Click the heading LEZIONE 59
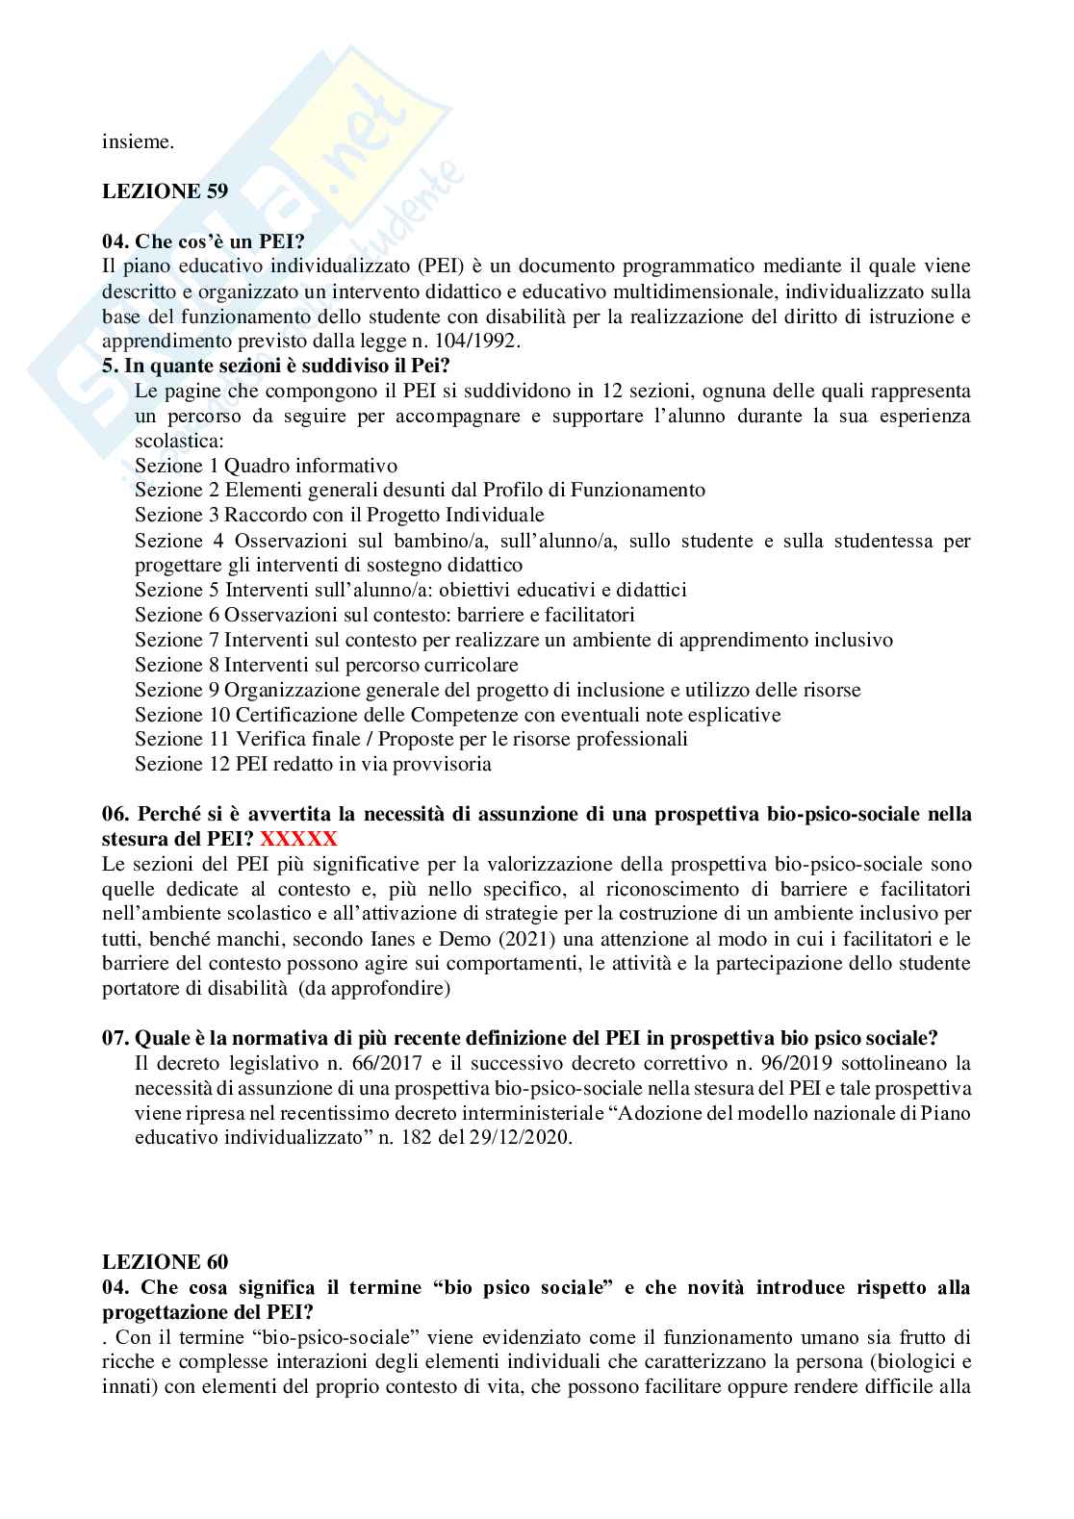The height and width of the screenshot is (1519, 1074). [x=165, y=190]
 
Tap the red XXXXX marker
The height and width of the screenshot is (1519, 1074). [x=298, y=838]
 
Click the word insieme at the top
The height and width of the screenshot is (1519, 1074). [x=139, y=141]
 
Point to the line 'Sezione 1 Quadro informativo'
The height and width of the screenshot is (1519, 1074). [x=266, y=465]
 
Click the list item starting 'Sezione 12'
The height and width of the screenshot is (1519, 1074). [x=313, y=765]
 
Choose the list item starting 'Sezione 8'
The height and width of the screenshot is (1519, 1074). [x=326, y=665]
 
